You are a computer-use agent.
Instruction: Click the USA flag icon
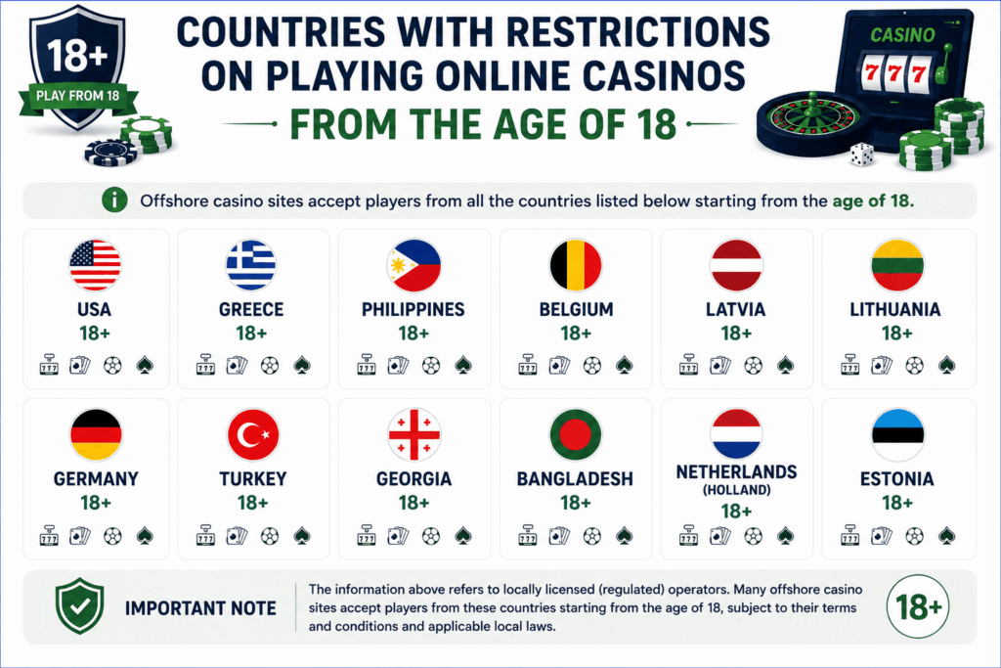(95, 265)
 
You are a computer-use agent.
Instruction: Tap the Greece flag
(251, 265)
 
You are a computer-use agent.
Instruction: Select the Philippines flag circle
(413, 265)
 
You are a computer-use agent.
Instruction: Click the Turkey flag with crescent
(253, 435)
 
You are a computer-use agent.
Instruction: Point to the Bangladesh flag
(575, 435)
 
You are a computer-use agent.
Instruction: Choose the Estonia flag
(897, 435)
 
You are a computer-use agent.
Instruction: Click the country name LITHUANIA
(895, 310)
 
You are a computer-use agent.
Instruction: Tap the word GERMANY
(96, 479)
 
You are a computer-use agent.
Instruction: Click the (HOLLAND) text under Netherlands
(737, 490)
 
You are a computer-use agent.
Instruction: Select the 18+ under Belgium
(576, 334)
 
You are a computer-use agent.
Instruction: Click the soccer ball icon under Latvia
(754, 366)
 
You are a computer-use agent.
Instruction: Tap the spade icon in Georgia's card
(462, 535)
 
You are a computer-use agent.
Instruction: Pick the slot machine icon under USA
(49, 365)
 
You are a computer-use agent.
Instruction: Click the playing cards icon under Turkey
(237, 535)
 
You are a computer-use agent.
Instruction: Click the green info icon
(114, 200)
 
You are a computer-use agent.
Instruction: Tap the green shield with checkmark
(80, 606)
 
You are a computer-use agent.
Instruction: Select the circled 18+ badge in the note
(918, 606)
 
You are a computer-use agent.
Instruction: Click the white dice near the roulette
(861, 155)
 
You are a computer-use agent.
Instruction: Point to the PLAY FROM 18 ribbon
(78, 97)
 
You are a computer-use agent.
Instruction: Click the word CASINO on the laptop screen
(902, 34)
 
